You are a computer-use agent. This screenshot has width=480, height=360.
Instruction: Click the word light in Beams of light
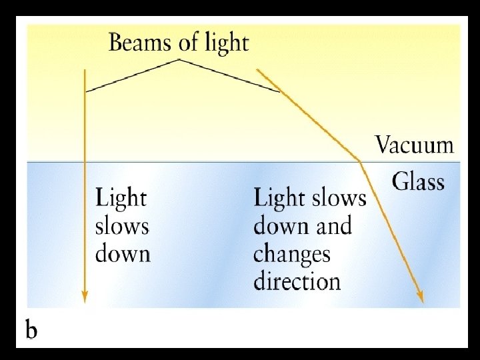(224, 44)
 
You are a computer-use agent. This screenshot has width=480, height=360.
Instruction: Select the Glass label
(418, 181)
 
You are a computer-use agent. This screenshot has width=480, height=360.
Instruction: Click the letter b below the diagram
(31, 331)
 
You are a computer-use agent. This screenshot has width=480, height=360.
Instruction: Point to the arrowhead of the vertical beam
(84, 297)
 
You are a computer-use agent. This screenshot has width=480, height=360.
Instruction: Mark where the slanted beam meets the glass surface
(361, 161)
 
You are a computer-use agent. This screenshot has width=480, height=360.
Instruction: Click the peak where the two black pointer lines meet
(179, 60)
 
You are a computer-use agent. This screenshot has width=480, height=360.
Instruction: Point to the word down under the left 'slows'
(123, 254)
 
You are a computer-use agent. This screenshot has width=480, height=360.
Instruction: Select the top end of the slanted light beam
(258, 70)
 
